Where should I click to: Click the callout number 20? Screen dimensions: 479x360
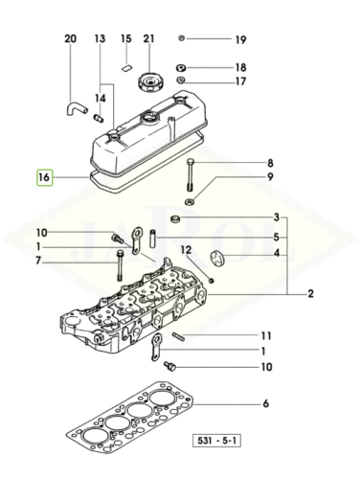pos(69,39)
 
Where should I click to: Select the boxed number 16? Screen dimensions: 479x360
pos(43,177)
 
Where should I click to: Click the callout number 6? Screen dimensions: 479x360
pos(266,403)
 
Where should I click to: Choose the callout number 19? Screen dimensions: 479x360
pos(241,40)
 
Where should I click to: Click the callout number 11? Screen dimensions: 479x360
pos(267,335)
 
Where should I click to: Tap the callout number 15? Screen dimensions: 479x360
pos(125,39)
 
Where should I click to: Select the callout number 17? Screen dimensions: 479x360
pos(241,82)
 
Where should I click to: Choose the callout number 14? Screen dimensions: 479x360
pos(101,98)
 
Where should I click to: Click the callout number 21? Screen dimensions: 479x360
pos(148,39)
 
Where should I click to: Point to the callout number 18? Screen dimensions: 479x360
pos(241,68)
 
